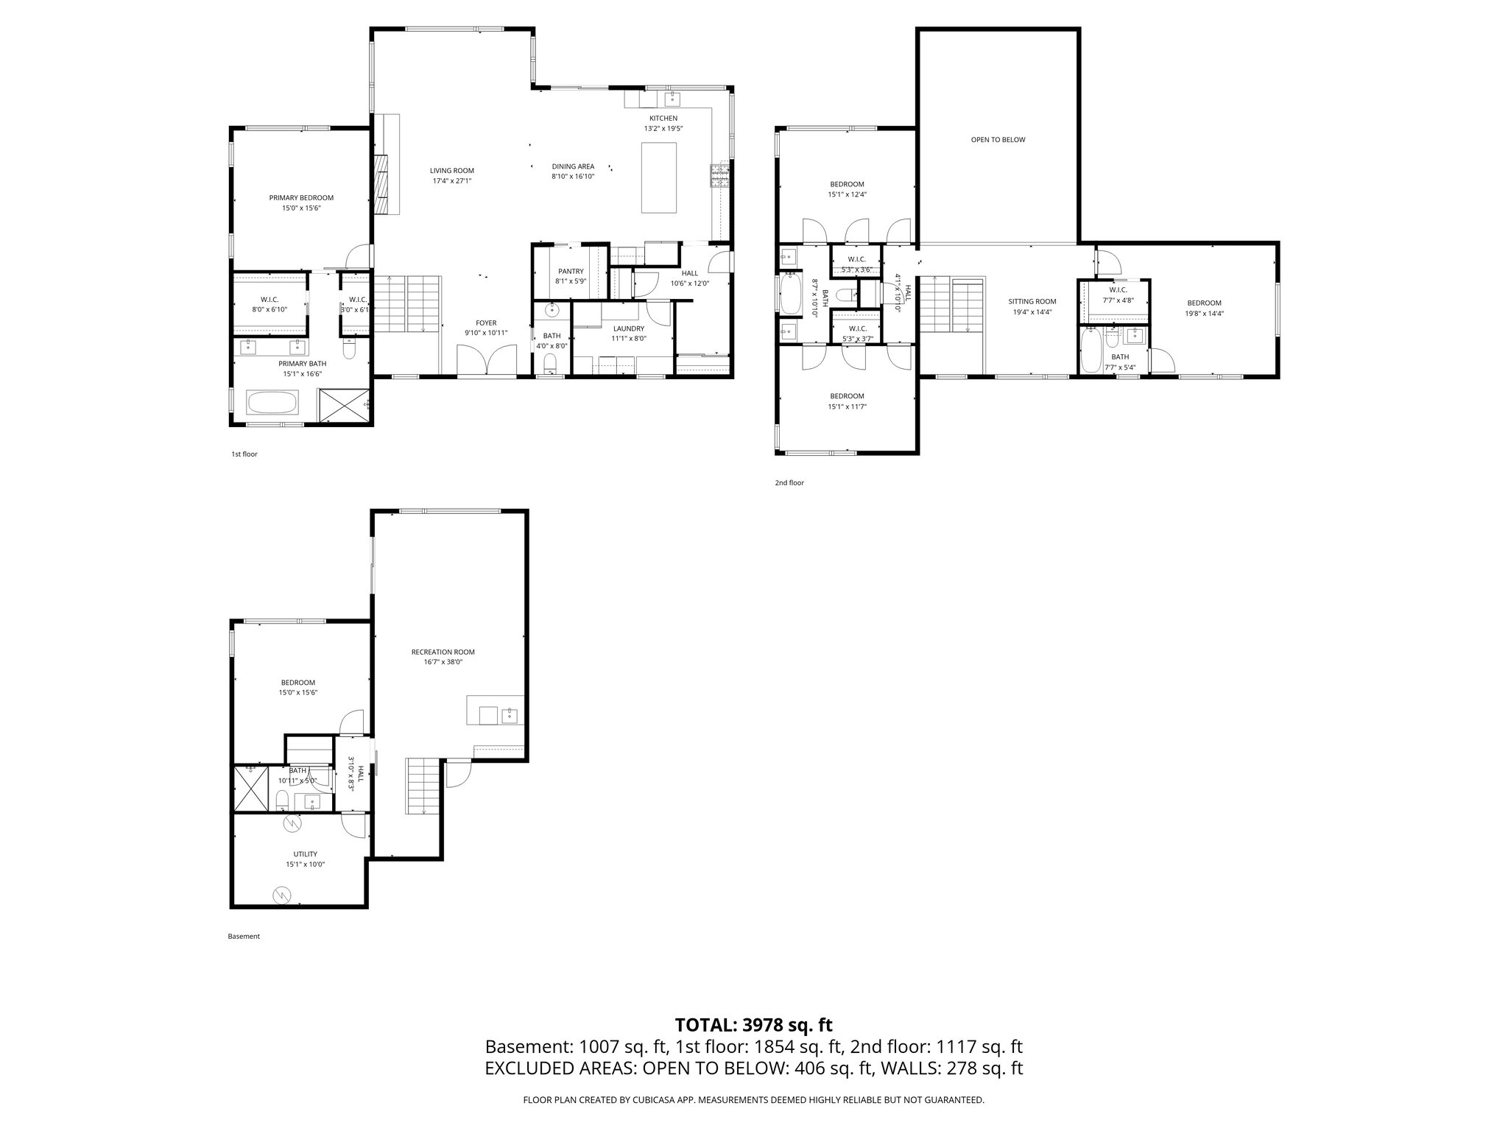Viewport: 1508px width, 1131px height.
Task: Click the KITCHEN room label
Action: click(663, 119)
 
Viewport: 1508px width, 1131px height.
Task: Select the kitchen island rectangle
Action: click(659, 177)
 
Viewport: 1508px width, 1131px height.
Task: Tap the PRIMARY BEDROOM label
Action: click(301, 198)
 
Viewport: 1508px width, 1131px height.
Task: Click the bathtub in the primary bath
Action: click(272, 404)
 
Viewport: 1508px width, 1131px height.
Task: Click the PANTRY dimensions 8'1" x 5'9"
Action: click(570, 281)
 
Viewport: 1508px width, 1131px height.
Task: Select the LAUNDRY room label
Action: click(628, 328)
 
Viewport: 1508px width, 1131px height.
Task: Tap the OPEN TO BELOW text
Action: click(998, 140)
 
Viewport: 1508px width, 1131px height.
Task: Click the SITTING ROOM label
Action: click(1032, 301)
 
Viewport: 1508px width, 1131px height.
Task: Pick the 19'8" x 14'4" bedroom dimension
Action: click(1204, 313)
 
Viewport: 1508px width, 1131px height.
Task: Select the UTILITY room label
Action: click(305, 854)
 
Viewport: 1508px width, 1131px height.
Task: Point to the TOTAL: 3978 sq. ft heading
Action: click(753, 1025)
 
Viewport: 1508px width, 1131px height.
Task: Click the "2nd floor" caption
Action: click(789, 483)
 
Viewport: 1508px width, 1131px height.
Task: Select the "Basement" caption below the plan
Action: click(244, 937)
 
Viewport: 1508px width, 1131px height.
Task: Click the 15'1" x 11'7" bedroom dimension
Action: click(847, 406)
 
